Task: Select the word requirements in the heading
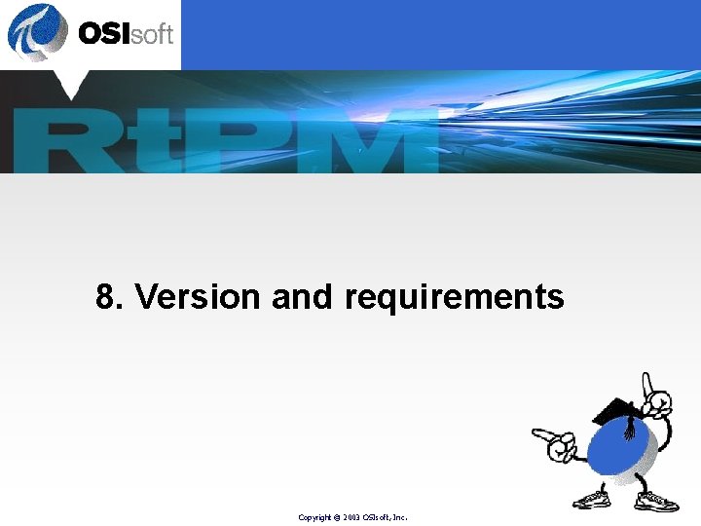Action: pos(454,297)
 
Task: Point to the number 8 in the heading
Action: pos(106,296)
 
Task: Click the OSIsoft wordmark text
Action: pos(125,34)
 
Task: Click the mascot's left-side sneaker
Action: pos(590,500)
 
